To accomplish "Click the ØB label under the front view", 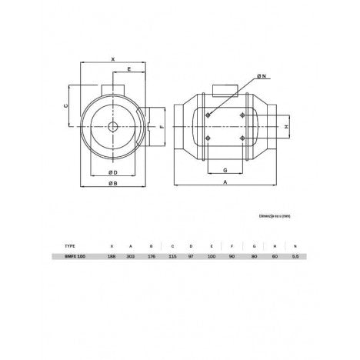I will point(112,185).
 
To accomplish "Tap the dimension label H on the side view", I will point(287,125).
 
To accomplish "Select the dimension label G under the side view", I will point(224,170).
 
